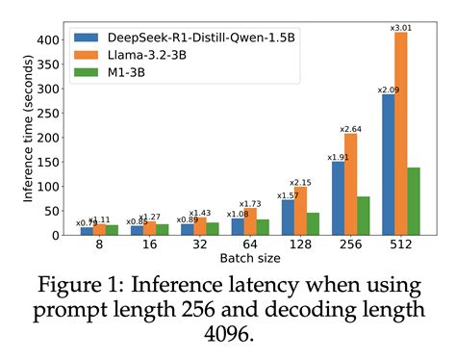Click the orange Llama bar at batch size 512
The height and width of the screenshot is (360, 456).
tap(401, 135)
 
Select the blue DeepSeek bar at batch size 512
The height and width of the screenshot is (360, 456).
tap(389, 165)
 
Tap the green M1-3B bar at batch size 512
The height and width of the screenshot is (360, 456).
tap(414, 201)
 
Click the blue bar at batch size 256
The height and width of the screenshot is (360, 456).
tap(338, 198)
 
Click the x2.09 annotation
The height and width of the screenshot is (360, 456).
tap(388, 89)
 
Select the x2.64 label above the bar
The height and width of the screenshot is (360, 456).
tap(350, 127)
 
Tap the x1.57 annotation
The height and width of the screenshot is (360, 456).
tap(288, 193)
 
